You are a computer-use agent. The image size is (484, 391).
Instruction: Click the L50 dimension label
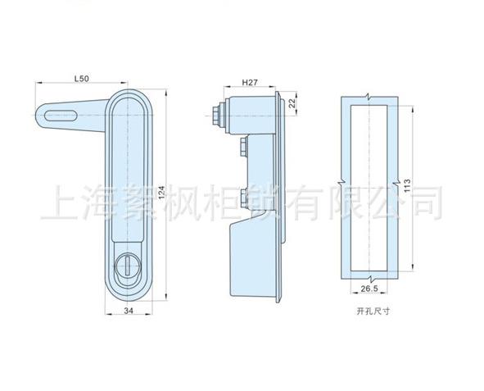click(x=82, y=79)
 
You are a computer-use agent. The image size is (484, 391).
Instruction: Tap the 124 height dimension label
click(x=162, y=192)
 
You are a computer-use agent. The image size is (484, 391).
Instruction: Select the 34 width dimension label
click(x=129, y=311)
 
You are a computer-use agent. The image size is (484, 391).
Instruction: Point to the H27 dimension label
click(x=250, y=83)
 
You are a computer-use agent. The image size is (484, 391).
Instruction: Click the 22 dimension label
click(x=292, y=103)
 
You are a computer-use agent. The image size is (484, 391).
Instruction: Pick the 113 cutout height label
click(x=407, y=185)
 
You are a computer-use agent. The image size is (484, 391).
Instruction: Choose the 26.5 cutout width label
click(x=369, y=289)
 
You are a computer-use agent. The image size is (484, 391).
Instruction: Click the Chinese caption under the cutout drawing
click(x=373, y=311)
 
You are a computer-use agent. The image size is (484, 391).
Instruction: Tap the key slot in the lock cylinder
click(x=127, y=266)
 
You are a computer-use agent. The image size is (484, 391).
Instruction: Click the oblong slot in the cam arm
click(x=61, y=116)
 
